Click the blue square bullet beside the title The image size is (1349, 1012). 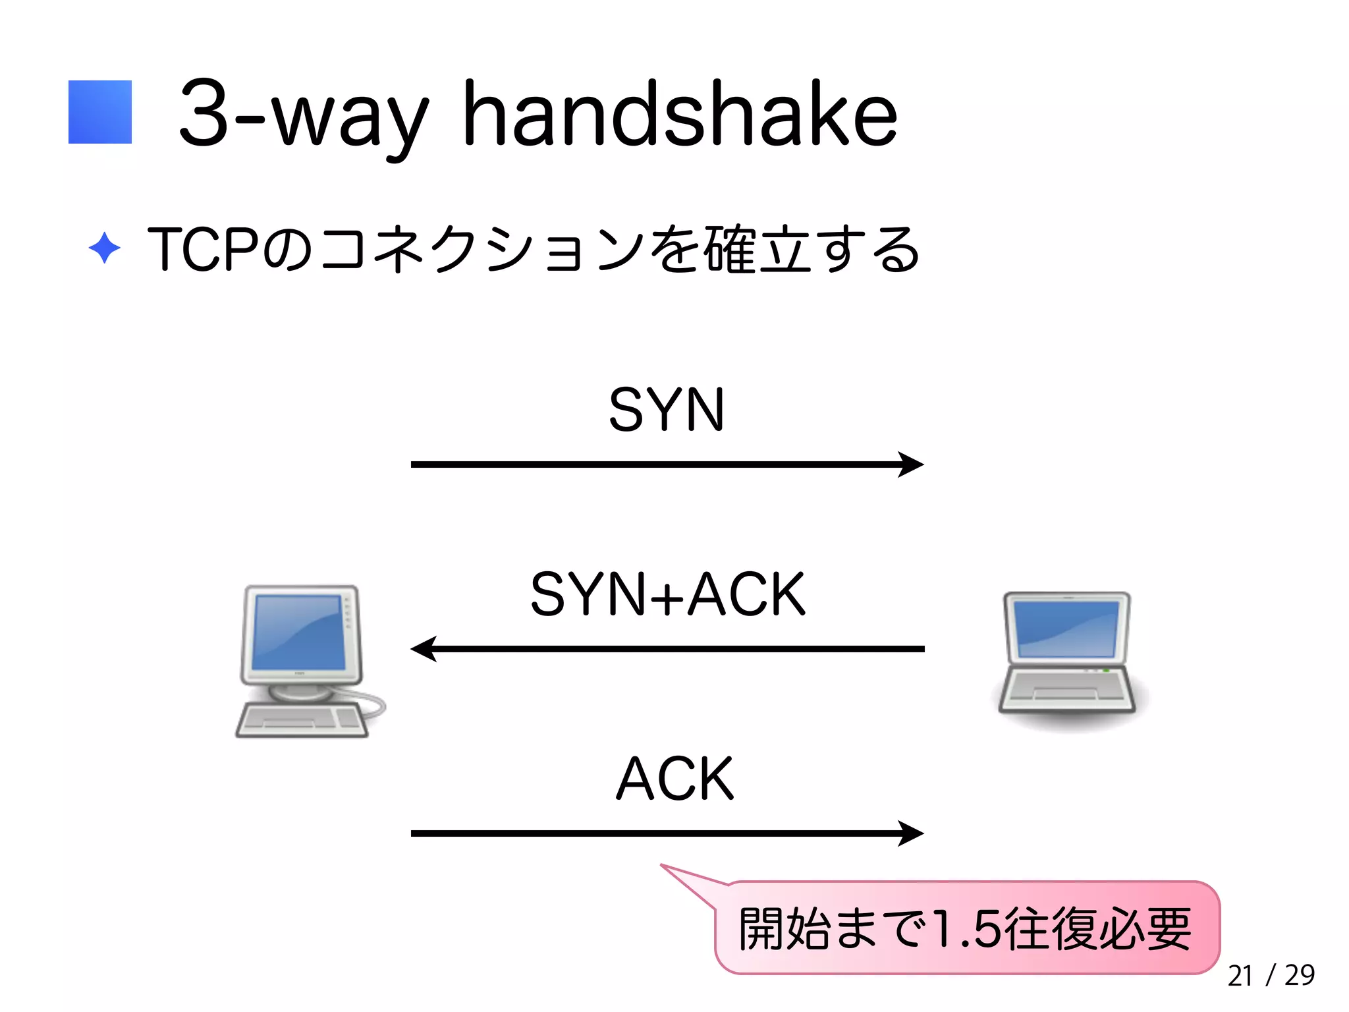(x=100, y=112)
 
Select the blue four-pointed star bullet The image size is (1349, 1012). (x=104, y=248)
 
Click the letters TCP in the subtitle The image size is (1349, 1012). (x=202, y=249)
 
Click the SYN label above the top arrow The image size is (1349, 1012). (x=666, y=410)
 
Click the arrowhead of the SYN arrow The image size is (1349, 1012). (x=912, y=464)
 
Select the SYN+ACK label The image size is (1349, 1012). (x=667, y=594)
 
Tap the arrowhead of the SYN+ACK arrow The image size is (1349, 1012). (x=423, y=649)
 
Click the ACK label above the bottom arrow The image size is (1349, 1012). (x=674, y=779)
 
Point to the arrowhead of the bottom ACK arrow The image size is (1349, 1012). (x=912, y=833)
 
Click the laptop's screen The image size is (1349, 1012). (x=1067, y=629)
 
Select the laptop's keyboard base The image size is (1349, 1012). (x=1067, y=692)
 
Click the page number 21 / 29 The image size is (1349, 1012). (x=1271, y=975)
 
